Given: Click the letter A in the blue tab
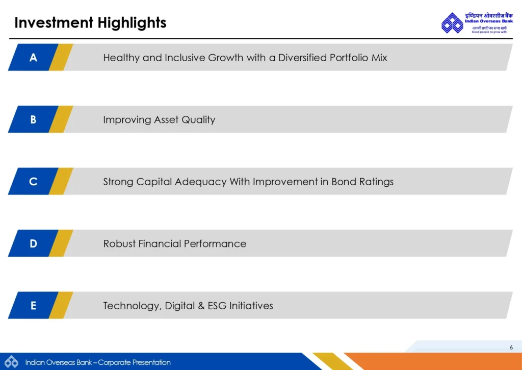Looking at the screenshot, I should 33,58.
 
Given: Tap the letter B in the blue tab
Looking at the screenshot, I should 33,120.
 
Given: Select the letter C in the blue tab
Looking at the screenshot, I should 33,182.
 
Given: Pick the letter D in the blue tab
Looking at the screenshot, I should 33,244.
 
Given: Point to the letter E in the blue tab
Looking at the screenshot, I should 33,306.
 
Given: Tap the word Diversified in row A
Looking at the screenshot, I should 302,58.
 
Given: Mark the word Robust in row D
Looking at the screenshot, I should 119,244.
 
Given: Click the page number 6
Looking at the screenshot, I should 511,348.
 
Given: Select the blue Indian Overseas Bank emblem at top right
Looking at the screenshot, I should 452,23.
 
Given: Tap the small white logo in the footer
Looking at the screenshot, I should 12,361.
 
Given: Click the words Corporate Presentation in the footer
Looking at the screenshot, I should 134,362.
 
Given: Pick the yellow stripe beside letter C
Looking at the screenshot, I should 61,182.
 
